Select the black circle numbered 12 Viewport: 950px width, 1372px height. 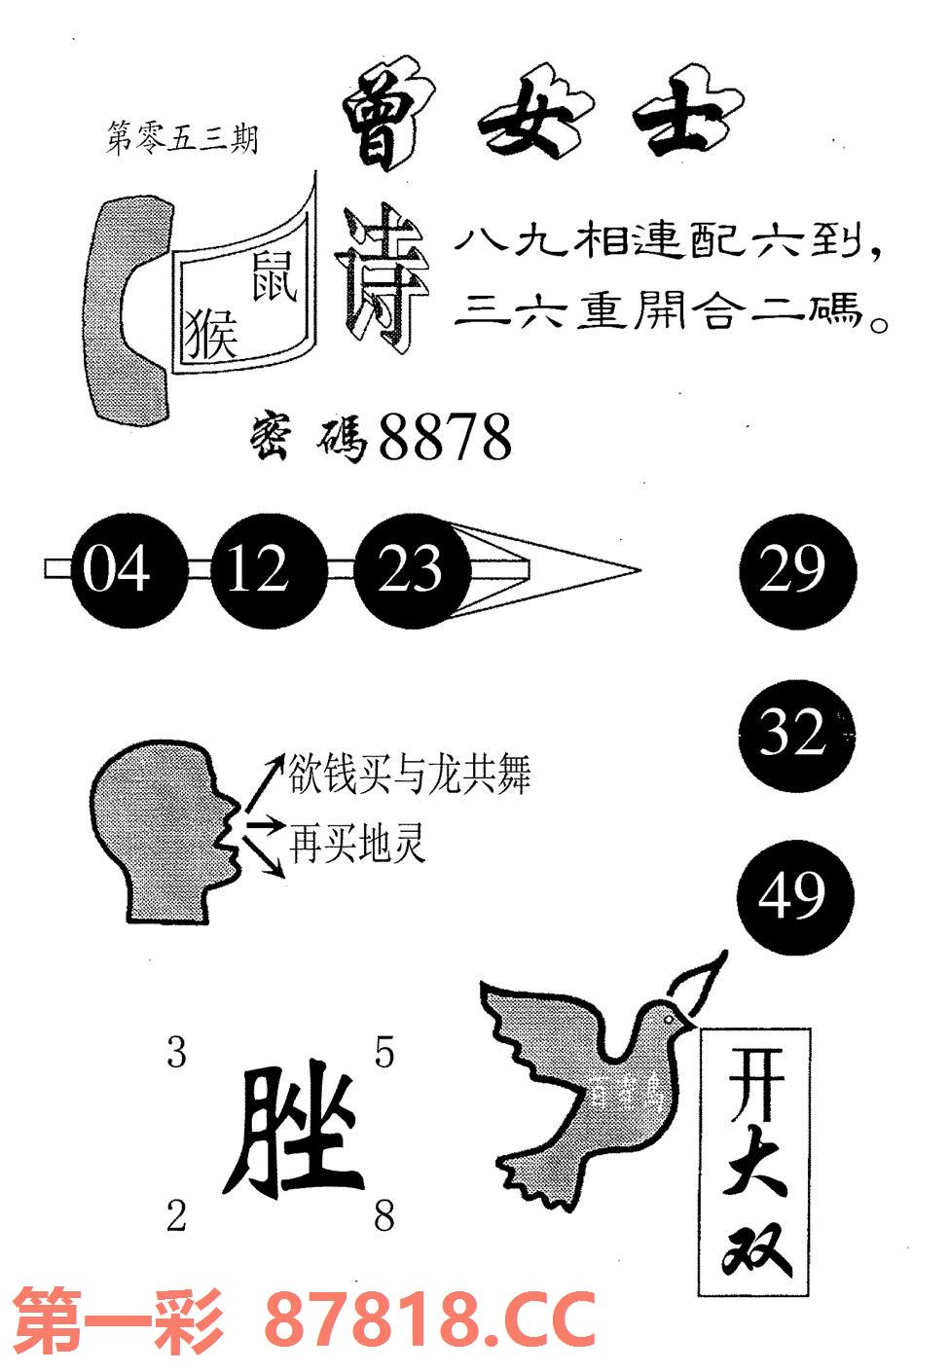coord(258,569)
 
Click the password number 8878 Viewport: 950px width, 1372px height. coord(445,437)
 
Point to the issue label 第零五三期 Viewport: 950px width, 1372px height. coord(182,139)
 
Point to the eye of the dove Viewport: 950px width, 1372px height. coord(669,1017)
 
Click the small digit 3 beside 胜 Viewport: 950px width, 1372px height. coord(176,1052)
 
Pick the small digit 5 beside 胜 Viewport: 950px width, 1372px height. coord(384,1052)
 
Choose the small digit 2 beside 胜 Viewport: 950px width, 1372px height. coord(176,1215)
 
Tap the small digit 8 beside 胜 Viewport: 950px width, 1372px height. coord(384,1215)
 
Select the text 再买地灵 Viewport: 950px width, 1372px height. coord(357,843)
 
